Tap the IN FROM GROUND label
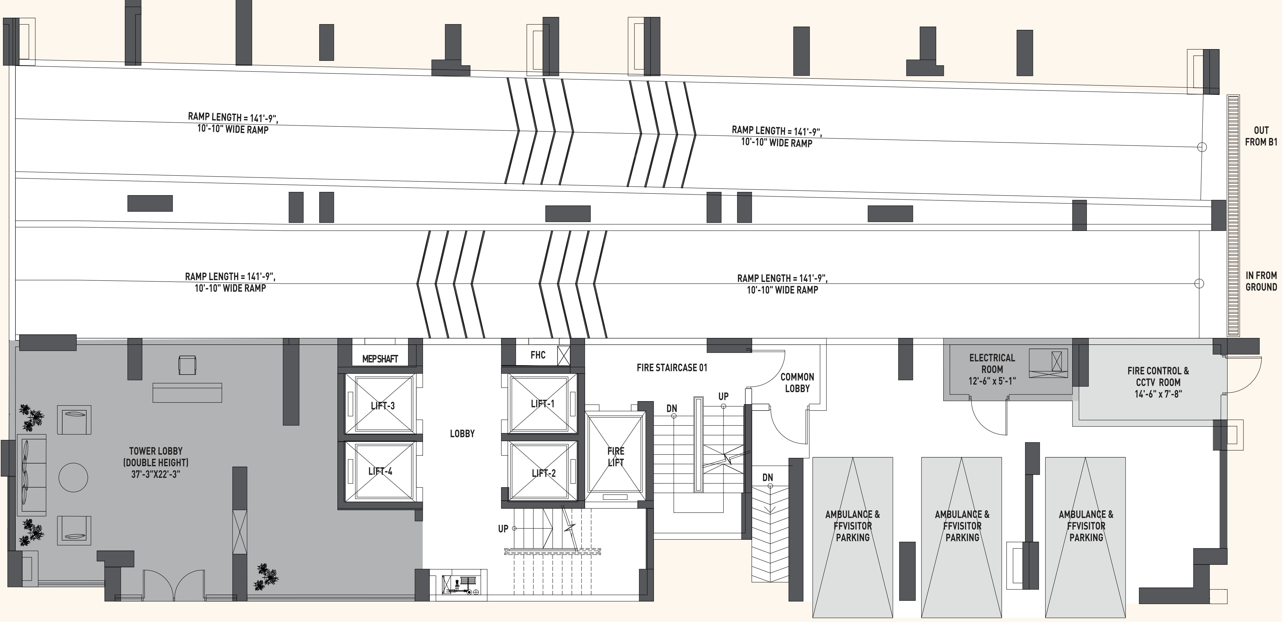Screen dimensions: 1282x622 pos(1261,281)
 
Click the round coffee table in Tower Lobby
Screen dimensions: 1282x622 pos(74,478)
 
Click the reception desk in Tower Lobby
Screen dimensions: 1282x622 pos(187,393)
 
